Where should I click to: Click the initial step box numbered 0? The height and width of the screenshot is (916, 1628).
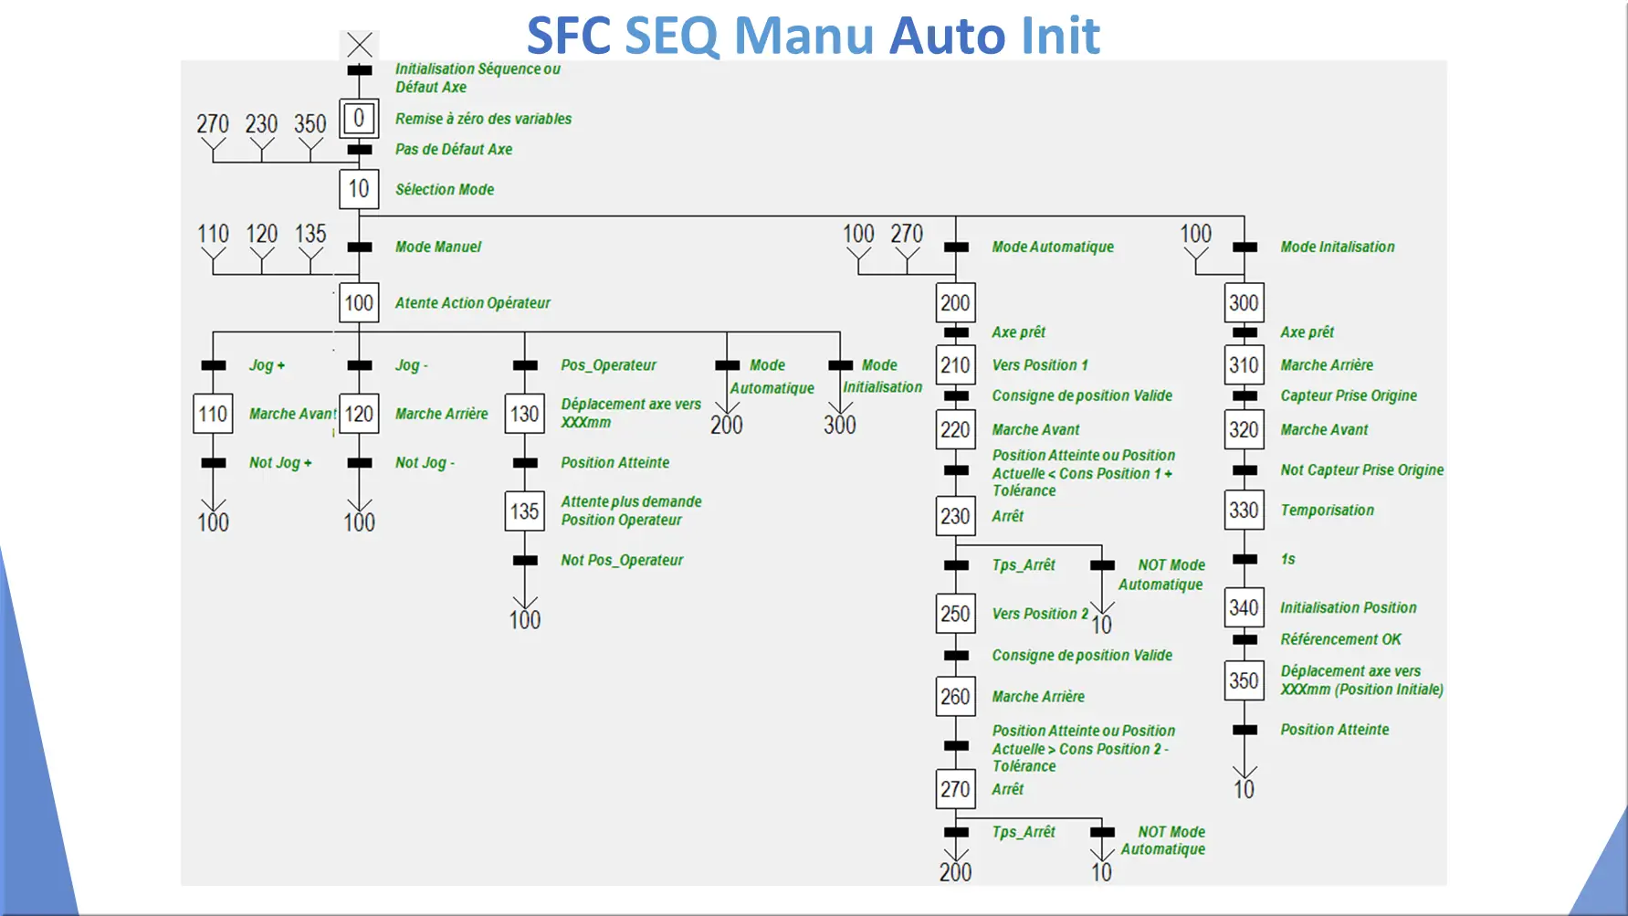click(359, 118)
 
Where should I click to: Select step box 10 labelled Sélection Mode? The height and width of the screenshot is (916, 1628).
click(359, 189)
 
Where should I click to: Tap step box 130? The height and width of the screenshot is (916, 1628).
click(524, 414)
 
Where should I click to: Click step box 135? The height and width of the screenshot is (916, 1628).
click(524, 511)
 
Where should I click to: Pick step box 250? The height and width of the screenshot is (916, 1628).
click(955, 614)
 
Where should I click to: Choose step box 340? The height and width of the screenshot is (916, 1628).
click(1244, 607)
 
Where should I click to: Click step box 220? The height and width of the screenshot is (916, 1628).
click(955, 429)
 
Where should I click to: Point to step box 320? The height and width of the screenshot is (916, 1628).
click(1244, 429)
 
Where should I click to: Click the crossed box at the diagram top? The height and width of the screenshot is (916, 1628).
click(359, 45)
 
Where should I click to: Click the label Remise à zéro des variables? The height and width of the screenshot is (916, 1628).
click(483, 119)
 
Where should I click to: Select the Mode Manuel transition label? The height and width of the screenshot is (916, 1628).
click(438, 247)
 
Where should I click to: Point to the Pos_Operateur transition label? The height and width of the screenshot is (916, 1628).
click(608, 365)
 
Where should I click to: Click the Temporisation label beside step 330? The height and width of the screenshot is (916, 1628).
click(1327, 511)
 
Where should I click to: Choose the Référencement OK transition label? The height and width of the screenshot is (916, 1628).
click(1340, 639)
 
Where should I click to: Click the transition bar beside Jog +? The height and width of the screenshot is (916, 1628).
click(214, 365)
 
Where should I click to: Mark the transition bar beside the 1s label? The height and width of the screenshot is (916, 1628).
click(1244, 560)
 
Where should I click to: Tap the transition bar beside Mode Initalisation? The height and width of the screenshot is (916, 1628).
click(1244, 247)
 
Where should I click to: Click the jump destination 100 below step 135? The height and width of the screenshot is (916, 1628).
click(525, 620)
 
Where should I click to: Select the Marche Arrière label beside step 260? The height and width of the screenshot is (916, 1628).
click(1038, 697)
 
